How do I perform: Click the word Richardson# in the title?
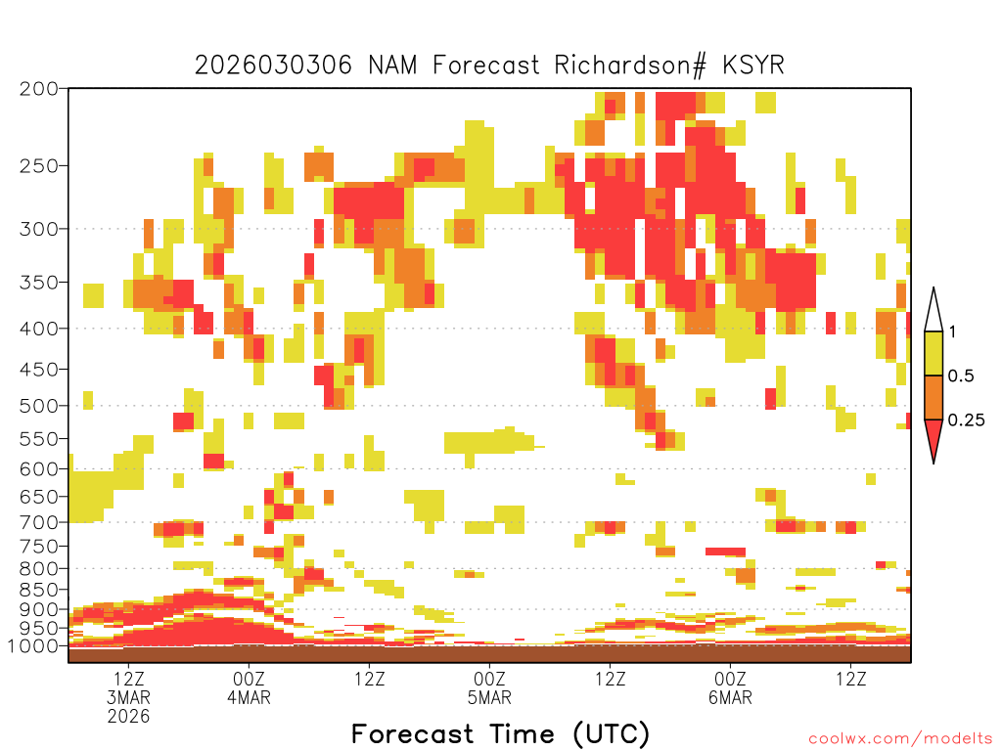point(630,66)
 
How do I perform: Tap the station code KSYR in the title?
point(753,66)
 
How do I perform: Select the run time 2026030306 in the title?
point(273,66)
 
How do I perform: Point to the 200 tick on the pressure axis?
point(39,89)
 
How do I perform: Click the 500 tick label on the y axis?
point(39,406)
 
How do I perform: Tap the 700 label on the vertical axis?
point(39,522)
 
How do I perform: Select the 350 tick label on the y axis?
point(39,283)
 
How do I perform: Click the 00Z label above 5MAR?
point(489,679)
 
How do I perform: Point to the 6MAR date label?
point(730,697)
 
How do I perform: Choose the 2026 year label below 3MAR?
point(128,717)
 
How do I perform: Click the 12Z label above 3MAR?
point(128,679)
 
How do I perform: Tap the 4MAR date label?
point(249,697)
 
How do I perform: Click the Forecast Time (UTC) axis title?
point(500,733)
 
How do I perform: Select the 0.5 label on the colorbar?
point(961,375)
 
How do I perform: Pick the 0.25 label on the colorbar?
point(966,420)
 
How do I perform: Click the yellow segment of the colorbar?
point(934,353)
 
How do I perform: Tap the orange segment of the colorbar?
point(934,397)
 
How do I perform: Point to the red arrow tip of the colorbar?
point(934,463)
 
